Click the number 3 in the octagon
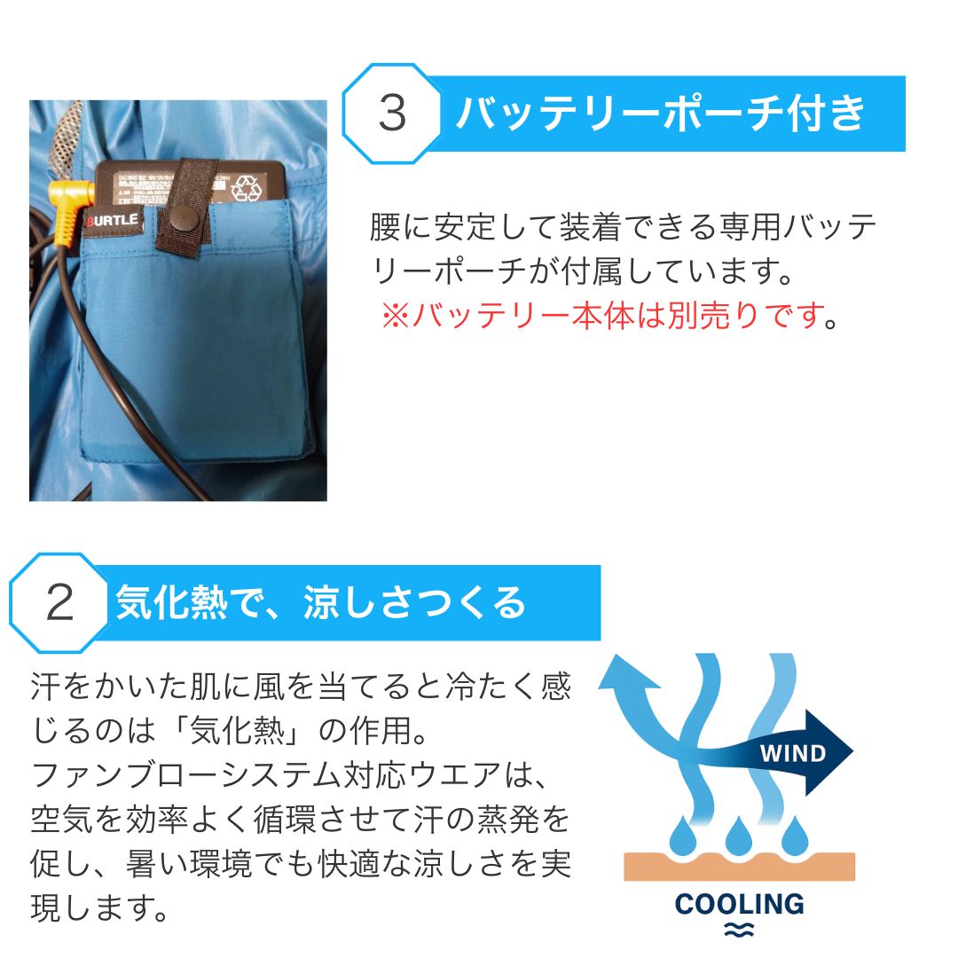click(x=391, y=114)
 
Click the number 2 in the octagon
click(x=59, y=603)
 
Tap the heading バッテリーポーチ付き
click(x=660, y=113)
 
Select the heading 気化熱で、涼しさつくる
click(x=321, y=603)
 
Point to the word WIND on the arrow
click(x=792, y=755)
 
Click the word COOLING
click(x=739, y=904)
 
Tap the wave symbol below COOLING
click(x=739, y=929)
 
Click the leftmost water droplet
click(x=683, y=834)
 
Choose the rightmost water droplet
click(x=795, y=834)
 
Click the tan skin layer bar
click(x=739, y=866)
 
